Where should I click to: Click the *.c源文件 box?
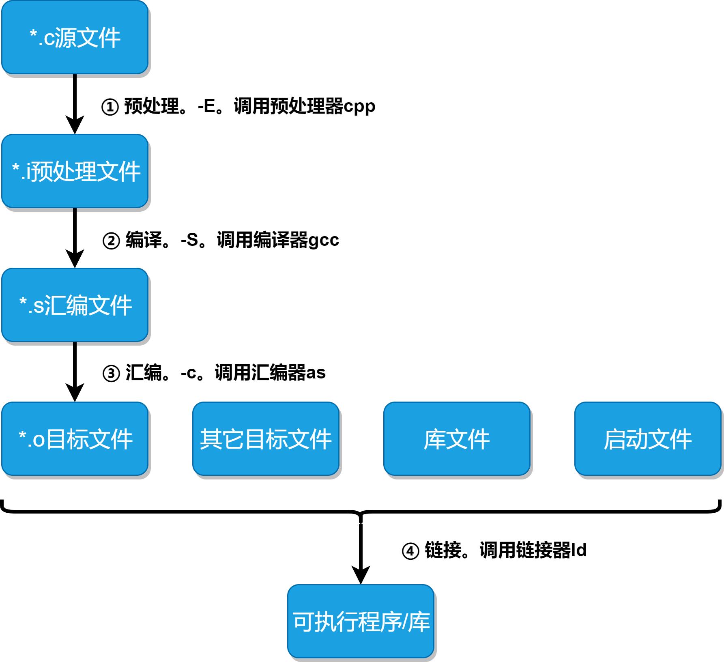tap(75, 37)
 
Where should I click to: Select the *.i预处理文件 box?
tap(75, 171)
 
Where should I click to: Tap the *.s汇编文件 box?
tap(75, 305)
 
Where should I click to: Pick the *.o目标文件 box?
tap(75, 439)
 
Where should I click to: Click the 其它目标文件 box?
tap(266, 439)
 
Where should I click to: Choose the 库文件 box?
tap(457, 439)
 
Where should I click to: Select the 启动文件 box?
tap(648, 439)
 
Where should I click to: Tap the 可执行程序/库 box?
tap(361, 621)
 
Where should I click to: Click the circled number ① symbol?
tap(110, 107)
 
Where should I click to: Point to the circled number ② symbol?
tap(111, 241)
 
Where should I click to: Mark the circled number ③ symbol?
tap(111, 373)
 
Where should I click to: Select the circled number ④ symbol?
tap(410, 551)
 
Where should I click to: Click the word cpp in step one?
tap(359, 107)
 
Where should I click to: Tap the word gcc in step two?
tap(323, 241)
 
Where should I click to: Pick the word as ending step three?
tap(316, 373)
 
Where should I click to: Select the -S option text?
tap(189, 240)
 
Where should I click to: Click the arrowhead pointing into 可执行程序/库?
tap(361, 574)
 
